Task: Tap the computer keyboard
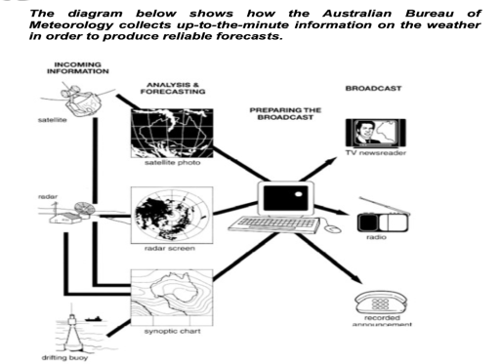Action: tap(279, 225)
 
